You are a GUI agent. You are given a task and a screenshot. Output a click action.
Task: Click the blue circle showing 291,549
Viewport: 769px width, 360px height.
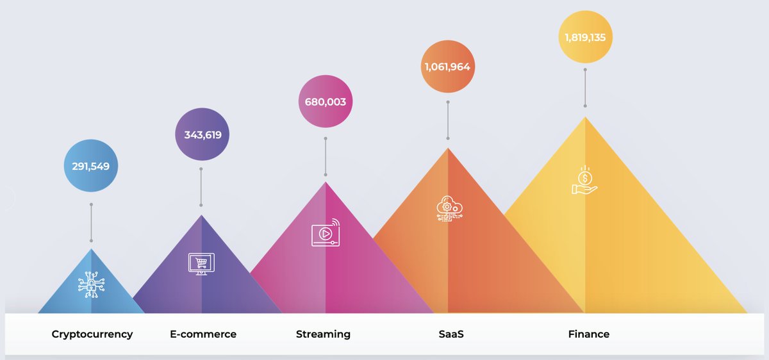pyautogui.click(x=91, y=166)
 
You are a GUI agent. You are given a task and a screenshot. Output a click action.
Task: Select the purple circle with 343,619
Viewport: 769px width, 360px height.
pyautogui.click(x=202, y=135)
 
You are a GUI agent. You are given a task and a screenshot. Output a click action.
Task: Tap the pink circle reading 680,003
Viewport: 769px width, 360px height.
pyautogui.click(x=326, y=102)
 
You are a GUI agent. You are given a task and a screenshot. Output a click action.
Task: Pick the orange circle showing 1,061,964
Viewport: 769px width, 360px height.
pyautogui.click(x=448, y=67)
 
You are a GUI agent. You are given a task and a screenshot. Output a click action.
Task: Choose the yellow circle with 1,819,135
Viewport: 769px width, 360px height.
pyautogui.click(x=584, y=37)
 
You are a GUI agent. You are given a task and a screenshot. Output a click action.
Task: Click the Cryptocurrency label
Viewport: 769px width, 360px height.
pyautogui.click(x=92, y=334)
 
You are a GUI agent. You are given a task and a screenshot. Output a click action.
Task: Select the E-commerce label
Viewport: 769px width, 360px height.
pyautogui.click(x=203, y=334)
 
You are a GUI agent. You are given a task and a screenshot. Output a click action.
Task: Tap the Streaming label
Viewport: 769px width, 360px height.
pyautogui.click(x=323, y=334)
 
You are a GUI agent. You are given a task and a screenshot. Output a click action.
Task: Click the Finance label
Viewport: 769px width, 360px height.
pyautogui.click(x=588, y=334)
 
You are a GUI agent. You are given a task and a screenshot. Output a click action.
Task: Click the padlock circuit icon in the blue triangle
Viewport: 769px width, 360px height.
pyautogui.click(x=91, y=284)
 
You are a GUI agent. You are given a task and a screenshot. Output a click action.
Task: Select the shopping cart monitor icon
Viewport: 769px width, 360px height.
pyautogui.click(x=201, y=263)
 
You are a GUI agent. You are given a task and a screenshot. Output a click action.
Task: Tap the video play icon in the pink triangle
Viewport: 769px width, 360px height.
pyautogui.click(x=326, y=234)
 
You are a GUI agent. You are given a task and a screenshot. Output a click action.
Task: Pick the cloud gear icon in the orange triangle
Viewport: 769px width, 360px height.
pyautogui.click(x=447, y=209)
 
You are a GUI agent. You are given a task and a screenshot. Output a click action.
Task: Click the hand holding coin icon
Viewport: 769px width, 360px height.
pyautogui.click(x=584, y=181)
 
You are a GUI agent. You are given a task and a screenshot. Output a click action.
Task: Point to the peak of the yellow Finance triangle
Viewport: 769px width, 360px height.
pyautogui.click(x=585, y=119)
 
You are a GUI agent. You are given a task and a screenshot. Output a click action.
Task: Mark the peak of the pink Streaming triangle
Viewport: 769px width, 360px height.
pyautogui.click(x=326, y=183)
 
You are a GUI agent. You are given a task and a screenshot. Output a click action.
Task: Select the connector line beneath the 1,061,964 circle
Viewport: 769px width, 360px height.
pyautogui.click(x=448, y=120)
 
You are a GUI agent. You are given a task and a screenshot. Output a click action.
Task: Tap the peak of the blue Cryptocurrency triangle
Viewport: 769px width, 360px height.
pyautogui.click(x=91, y=250)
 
